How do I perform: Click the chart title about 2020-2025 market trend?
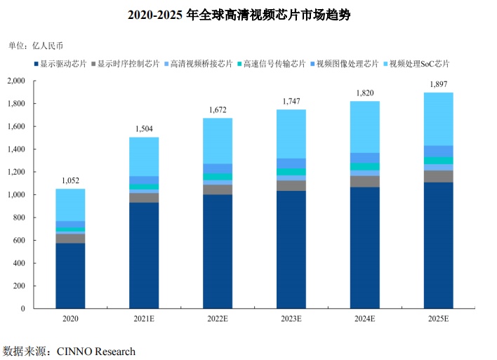pyautogui.click(x=249, y=15)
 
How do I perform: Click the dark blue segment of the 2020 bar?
pyautogui.click(x=70, y=275)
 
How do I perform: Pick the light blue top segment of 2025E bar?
pyautogui.click(x=438, y=119)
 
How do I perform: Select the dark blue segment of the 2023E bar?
pyautogui.click(x=291, y=249)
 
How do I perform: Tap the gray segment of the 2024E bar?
pyautogui.click(x=364, y=181)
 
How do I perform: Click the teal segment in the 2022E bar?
pyautogui.click(x=218, y=176)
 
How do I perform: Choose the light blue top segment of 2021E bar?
pyautogui.click(x=144, y=156)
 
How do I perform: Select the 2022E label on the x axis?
pyautogui.click(x=218, y=319)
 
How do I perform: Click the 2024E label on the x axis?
pyautogui.click(x=364, y=319)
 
